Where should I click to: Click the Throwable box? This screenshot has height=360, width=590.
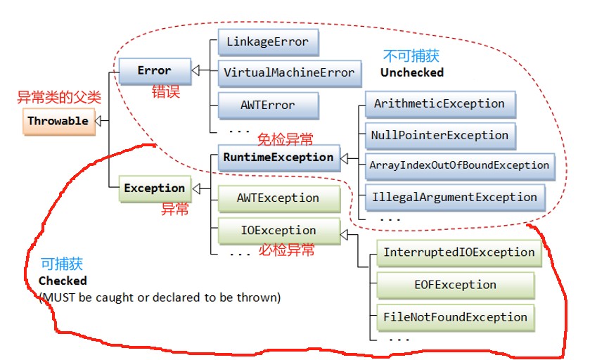tap(58, 121)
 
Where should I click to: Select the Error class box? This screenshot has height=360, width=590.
tap(154, 70)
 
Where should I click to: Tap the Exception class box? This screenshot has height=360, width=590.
tap(154, 188)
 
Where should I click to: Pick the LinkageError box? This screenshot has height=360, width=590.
tap(267, 41)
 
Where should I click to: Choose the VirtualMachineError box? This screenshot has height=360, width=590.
tap(289, 72)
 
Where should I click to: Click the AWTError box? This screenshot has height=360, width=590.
tap(267, 105)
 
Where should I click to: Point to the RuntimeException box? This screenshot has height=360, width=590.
tap(278, 157)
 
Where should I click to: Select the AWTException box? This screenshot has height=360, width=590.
tap(278, 198)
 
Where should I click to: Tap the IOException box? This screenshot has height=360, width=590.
tap(278, 230)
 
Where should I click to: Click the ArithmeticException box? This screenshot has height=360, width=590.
tap(440, 103)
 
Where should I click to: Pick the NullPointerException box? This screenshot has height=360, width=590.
tap(440, 135)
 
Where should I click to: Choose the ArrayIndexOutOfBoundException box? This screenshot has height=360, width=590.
tap(459, 165)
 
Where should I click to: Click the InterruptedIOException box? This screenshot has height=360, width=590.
tap(458, 252)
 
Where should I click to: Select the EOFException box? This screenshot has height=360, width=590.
tap(455, 285)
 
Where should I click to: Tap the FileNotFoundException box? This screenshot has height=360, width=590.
tap(455, 317)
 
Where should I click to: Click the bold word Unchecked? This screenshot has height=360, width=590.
tap(412, 72)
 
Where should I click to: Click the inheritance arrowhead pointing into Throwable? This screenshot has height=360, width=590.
tap(101, 121)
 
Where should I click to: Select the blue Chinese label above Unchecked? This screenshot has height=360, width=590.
tap(411, 56)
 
